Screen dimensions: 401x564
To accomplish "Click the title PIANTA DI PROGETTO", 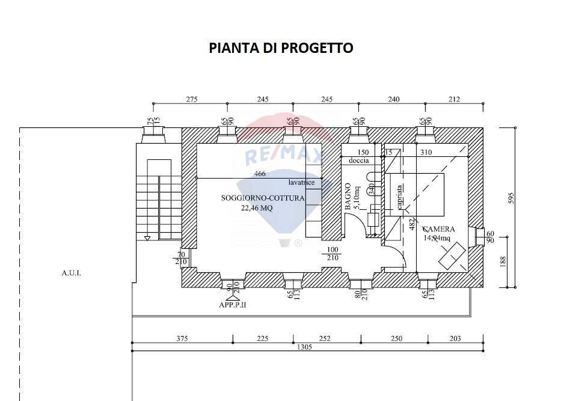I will pos(281,48).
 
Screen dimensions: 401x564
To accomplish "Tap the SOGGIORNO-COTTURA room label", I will pos(263,198).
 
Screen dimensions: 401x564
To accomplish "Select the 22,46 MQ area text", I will pos(257,208).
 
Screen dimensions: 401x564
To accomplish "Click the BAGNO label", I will pos(348,197).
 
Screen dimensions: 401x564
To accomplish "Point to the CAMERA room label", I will pos(438,229).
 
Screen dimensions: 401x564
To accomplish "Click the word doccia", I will pos(359,161).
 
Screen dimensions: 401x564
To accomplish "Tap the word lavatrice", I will pos(301,182).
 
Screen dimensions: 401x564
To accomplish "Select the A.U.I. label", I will pos(71,273).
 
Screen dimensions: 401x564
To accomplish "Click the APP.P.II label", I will pos(233,305).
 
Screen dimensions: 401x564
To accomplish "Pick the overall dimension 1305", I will pos(304,347).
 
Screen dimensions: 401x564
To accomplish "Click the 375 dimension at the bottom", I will pos(182,338).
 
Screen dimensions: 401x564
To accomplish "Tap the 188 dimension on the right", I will pos(503,261).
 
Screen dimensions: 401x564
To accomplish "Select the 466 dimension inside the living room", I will pos(259,174).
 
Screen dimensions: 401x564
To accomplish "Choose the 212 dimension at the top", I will pos(454,100).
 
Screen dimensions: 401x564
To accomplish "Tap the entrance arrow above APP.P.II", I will pos(229,297).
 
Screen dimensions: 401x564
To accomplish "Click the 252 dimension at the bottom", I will pos(324,338).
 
